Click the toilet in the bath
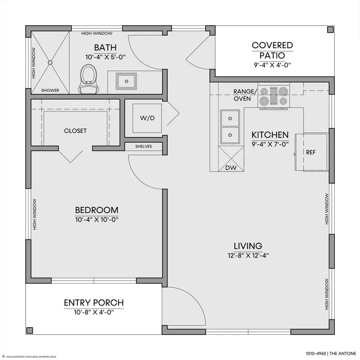tap(89, 79)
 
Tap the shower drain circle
tap(50, 62)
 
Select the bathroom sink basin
tap(126, 81)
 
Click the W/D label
tap(147, 118)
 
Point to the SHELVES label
tap(143, 146)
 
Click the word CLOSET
tap(75, 131)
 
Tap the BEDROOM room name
tap(97, 210)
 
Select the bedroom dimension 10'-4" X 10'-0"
tap(97, 220)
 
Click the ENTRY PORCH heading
tap(94, 303)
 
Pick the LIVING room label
tap(248, 246)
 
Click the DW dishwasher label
tap(231, 168)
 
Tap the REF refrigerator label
tap(311, 152)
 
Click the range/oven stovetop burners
tap(274, 96)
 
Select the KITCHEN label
tap(270, 135)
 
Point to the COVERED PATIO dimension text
tap(272, 65)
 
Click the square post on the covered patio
tap(330, 30)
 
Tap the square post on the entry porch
tap(30, 330)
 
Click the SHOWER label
tap(50, 90)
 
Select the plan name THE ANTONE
tap(343, 353)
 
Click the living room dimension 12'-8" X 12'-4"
tap(248, 255)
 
